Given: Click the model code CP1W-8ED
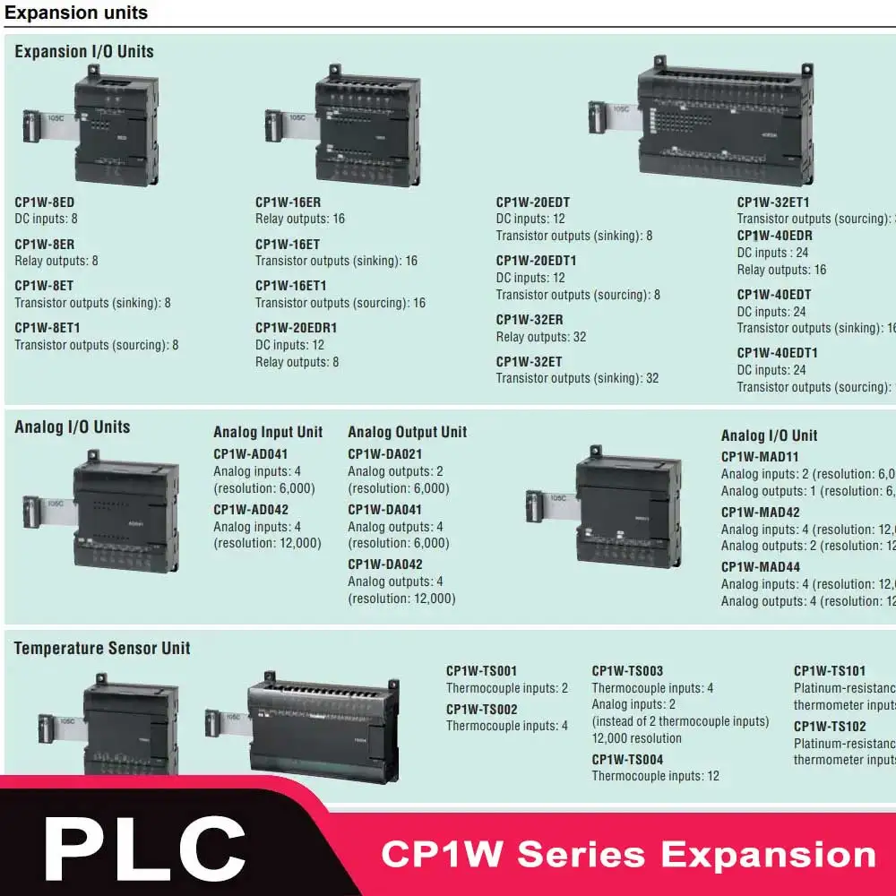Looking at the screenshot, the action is [45, 202].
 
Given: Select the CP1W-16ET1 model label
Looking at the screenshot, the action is [291, 286].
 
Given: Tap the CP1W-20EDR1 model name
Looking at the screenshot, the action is [297, 328].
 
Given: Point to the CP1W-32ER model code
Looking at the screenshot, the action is [530, 320].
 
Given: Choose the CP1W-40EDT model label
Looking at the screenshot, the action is [774, 295].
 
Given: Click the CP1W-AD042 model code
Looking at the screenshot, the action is [251, 510].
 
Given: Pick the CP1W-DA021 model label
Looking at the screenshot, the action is [385, 454].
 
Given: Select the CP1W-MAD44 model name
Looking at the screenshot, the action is [761, 567].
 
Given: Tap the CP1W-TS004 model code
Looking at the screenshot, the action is [627, 760].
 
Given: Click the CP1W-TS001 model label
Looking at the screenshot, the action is [482, 671].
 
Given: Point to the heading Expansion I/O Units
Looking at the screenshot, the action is [84, 52].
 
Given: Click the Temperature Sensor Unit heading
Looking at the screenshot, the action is [102, 648].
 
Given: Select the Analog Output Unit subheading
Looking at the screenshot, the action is [408, 432].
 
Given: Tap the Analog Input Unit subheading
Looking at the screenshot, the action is [268, 432].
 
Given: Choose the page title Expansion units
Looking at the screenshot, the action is [76, 13].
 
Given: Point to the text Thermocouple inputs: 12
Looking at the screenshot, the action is [655, 776].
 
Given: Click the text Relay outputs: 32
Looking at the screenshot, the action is [541, 337].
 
